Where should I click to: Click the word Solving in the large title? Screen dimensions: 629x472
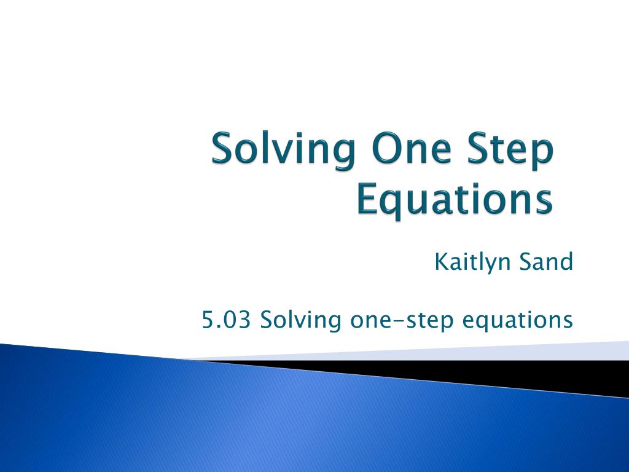tap(284, 151)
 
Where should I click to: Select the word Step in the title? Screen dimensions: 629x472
tap(510, 151)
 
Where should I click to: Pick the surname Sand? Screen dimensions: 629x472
tap(546, 261)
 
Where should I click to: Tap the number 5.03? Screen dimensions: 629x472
tap(226, 320)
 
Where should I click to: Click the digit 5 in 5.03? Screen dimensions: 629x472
tap(208, 320)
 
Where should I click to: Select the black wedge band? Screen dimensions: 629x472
tap(482, 376)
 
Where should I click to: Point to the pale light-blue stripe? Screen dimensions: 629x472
tap(441, 352)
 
